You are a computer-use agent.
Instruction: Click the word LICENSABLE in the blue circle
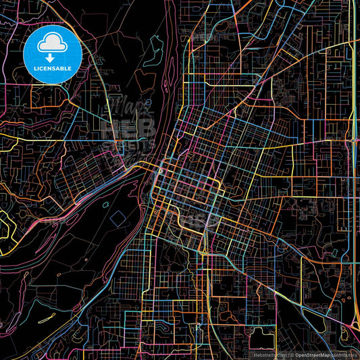coord(53,69)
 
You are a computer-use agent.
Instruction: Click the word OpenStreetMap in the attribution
coord(316,355)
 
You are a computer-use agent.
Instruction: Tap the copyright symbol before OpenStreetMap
coord(290,355)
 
